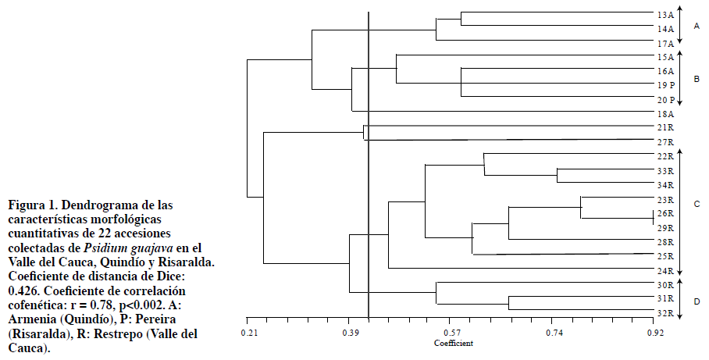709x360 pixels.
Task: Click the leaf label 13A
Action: (665, 15)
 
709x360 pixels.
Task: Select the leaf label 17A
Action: (665, 43)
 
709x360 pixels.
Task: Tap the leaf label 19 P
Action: (665, 85)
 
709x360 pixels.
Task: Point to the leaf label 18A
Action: (665, 114)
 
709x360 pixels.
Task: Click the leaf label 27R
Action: (665, 142)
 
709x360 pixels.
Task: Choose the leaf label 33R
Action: (665, 171)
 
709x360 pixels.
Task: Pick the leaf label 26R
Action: (665, 214)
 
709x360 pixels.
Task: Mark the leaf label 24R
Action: (665, 271)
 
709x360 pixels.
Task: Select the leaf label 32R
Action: (665, 313)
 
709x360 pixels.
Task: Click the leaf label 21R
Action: (665, 128)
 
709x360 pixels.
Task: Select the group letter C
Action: (696, 204)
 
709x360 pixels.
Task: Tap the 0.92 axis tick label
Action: (654, 333)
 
